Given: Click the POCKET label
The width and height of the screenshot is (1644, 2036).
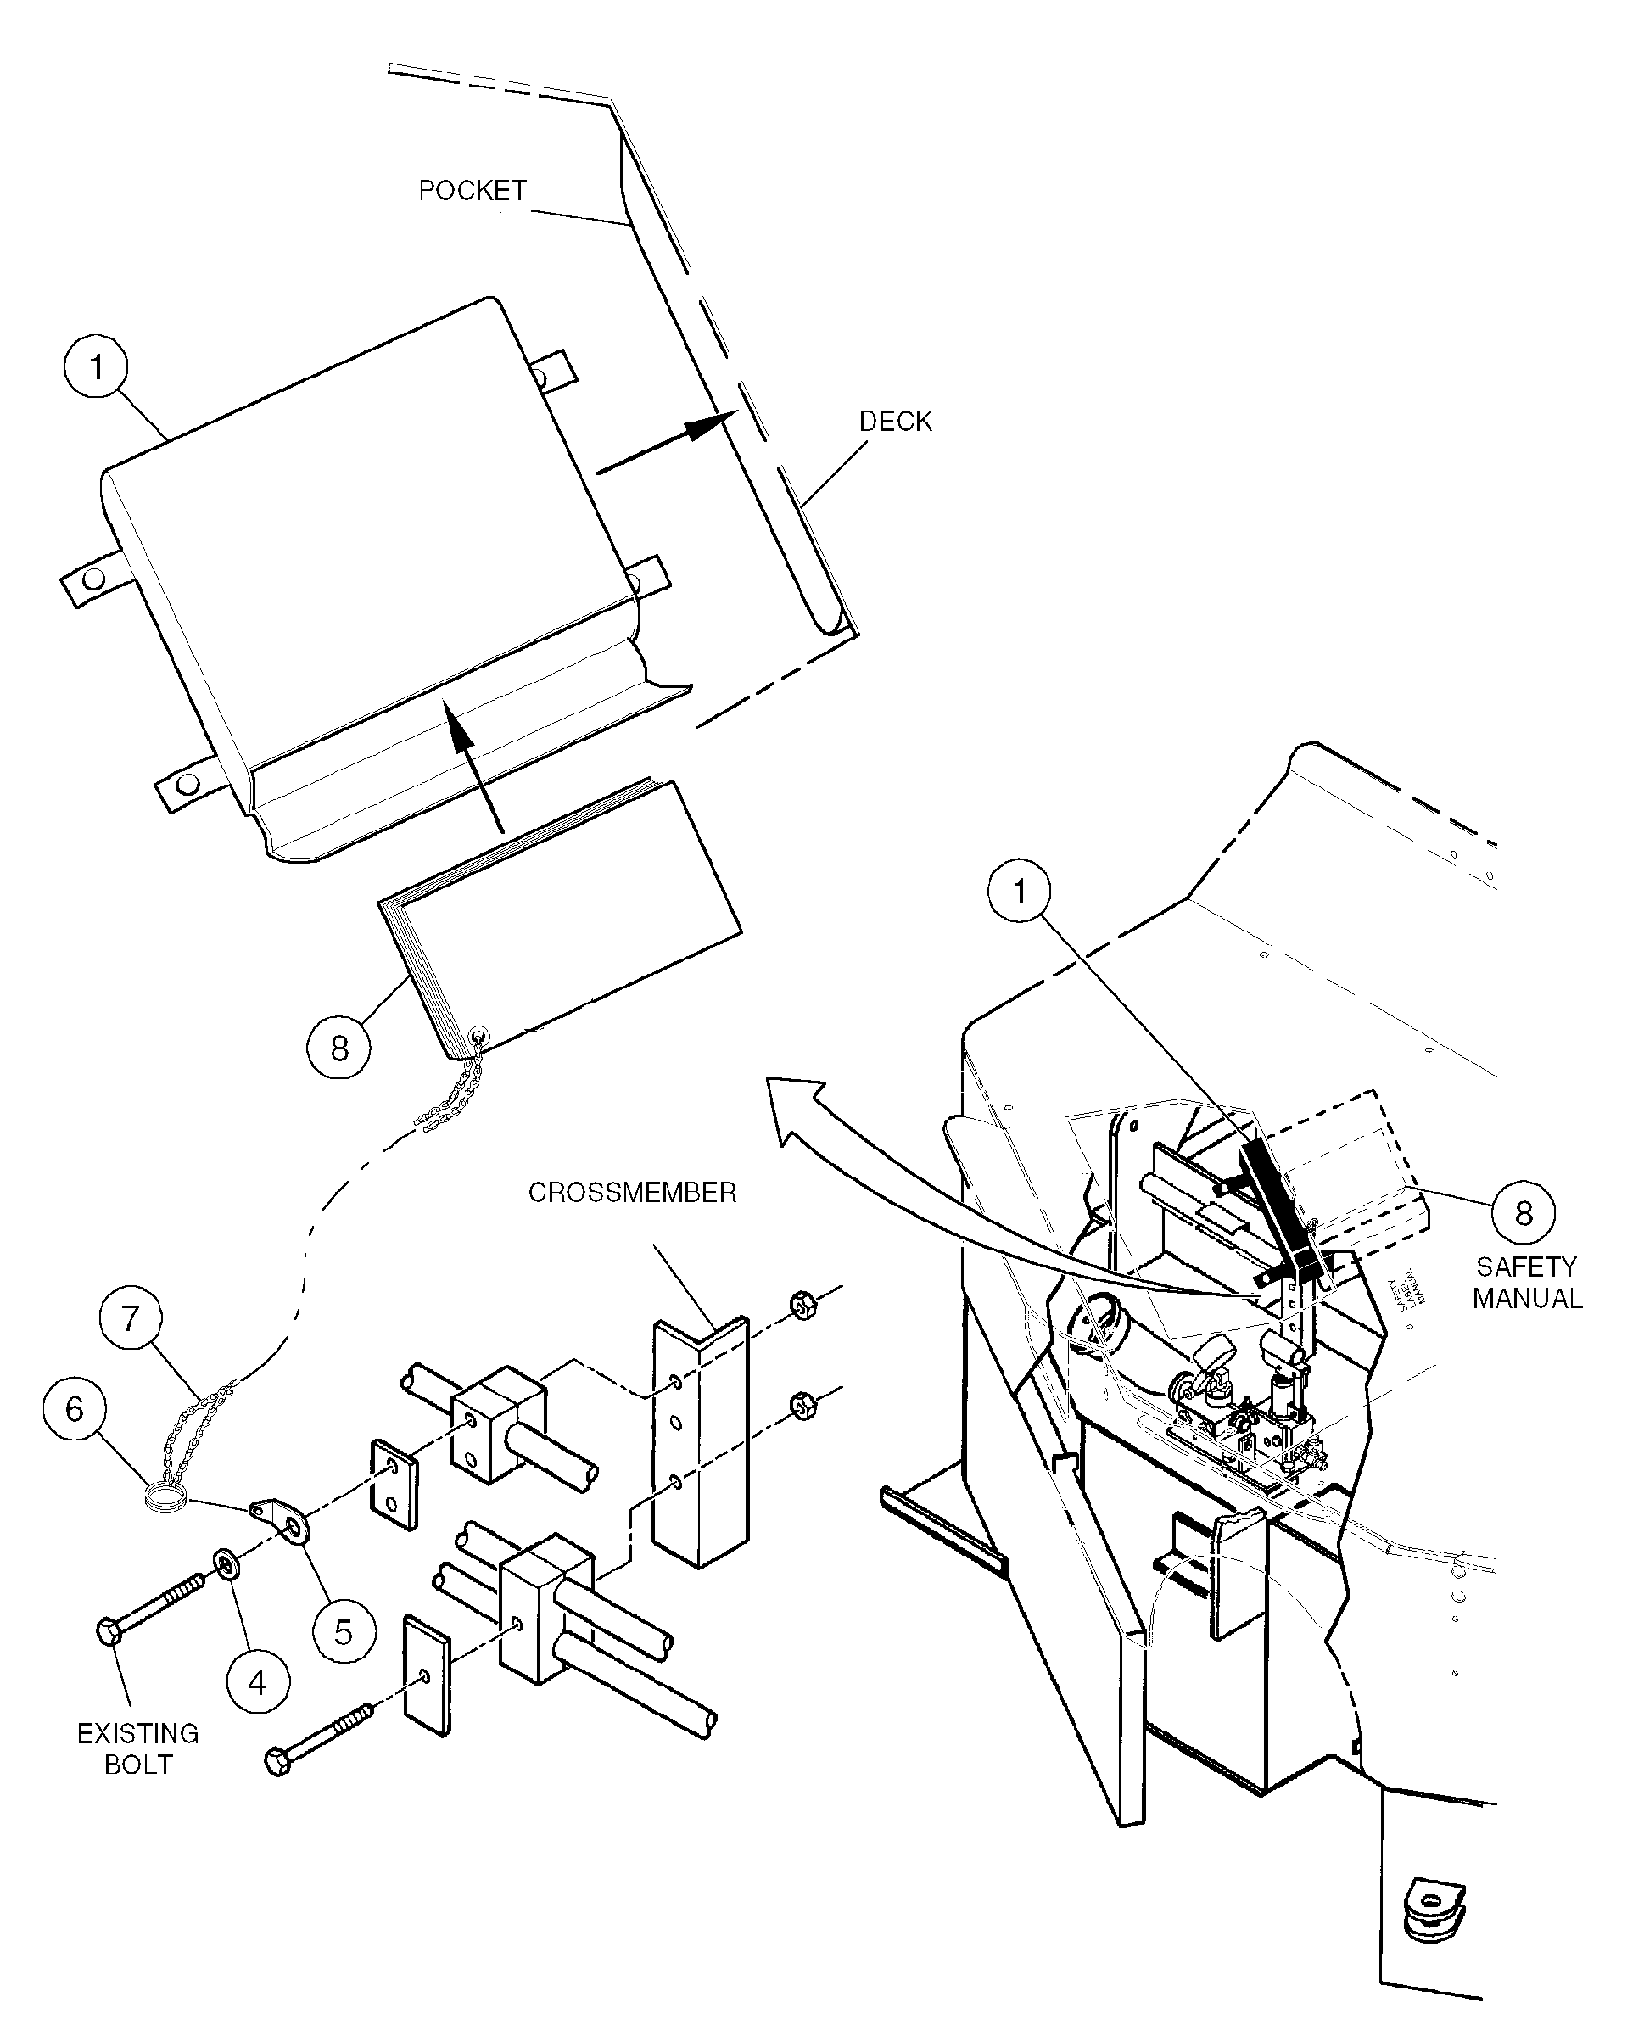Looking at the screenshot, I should coord(472,190).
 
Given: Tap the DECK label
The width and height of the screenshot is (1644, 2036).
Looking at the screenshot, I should coord(894,421).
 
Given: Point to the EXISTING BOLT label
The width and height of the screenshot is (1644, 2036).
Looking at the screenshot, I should coord(137,1749).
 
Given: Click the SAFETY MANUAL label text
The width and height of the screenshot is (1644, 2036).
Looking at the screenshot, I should coord(1527,1282).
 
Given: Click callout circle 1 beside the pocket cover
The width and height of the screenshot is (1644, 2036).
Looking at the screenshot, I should coord(96,366).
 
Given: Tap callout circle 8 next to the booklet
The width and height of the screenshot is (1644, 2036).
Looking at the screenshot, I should coord(338,1048).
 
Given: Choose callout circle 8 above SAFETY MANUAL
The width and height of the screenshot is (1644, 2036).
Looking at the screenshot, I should coord(1523,1213).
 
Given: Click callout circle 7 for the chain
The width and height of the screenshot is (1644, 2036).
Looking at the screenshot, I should coord(131,1317).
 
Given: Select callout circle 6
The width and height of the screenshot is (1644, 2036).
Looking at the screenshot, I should coord(74,1409).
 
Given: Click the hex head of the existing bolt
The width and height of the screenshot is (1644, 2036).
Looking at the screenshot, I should coord(109,1630).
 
